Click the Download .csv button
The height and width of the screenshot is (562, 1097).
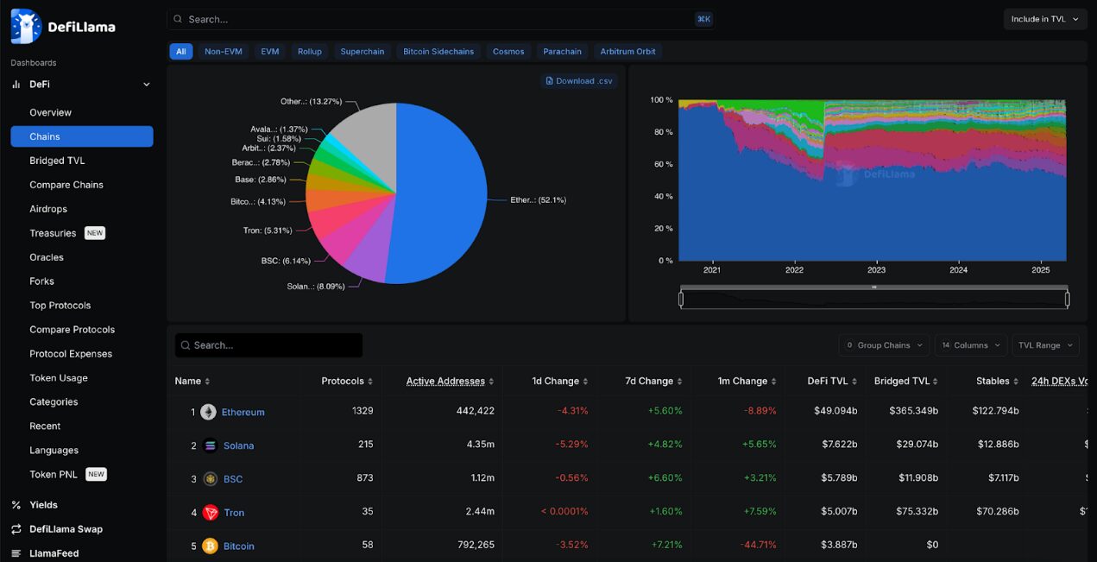[x=579, y=81]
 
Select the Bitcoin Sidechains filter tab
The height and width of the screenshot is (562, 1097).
[x=438, y=52]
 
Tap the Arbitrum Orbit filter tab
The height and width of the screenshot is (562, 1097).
[x=627, y=52]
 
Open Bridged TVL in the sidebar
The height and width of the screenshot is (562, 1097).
[x=57, y=161]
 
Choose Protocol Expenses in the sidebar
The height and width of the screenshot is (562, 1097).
[x=71, y=354]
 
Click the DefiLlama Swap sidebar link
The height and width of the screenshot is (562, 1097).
[x=66, y=529]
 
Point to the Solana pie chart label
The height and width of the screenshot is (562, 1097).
[x=315, y=287]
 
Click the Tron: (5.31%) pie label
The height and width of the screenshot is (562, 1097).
[x=268, y=230]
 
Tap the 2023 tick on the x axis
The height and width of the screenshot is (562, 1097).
[x=876, y=270]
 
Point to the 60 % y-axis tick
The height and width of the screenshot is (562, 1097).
[x=662, y=164]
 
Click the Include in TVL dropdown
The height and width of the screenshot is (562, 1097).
[x=1044, y=19]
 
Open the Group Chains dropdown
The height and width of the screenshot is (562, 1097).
[x=884, y=345]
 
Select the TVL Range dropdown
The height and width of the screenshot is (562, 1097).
[x=1044, y=345]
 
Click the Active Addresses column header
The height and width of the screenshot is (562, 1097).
[x=444, y=381]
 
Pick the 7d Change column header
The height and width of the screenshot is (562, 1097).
[x=649, y=381]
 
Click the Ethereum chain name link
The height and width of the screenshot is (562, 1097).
[x=243, y=413]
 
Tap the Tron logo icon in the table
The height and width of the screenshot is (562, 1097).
[x=211, y=513]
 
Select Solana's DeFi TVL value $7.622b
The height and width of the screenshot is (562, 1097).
[x=835, y=445]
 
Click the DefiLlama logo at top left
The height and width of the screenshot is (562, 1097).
[x=62, y=27]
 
